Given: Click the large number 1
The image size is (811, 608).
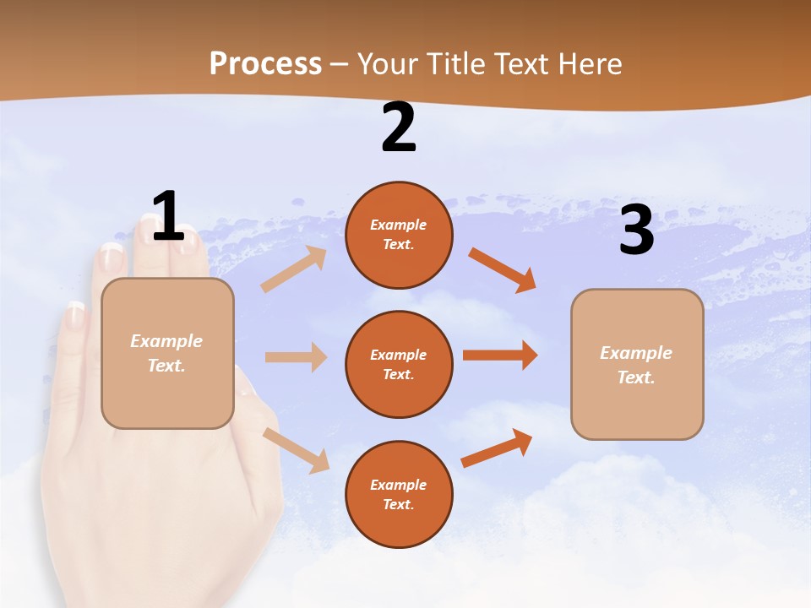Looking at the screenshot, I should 168,217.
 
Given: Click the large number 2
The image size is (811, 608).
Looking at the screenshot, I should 399,128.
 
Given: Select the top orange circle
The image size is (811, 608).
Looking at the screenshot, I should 399,235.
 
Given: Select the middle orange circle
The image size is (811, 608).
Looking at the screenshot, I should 399,364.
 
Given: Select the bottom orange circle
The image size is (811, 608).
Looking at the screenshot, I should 399,494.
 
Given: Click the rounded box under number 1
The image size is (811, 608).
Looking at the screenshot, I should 167,353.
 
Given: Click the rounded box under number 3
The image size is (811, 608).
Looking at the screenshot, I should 637,364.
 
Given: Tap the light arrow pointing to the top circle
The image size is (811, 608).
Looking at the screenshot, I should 294,269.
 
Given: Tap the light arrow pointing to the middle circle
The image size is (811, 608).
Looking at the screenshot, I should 296,357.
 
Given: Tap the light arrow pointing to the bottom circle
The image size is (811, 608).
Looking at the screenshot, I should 296,449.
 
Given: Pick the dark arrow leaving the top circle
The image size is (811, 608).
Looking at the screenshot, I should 503,269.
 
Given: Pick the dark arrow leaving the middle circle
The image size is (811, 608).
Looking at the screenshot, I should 500,356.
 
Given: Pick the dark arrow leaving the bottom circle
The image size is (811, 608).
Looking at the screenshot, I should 497,448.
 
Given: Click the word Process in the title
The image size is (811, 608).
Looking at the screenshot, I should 265,64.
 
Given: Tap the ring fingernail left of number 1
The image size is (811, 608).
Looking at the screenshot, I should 112,256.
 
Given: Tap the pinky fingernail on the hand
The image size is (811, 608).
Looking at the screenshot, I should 75,317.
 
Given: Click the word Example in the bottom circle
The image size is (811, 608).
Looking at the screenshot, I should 398,485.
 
